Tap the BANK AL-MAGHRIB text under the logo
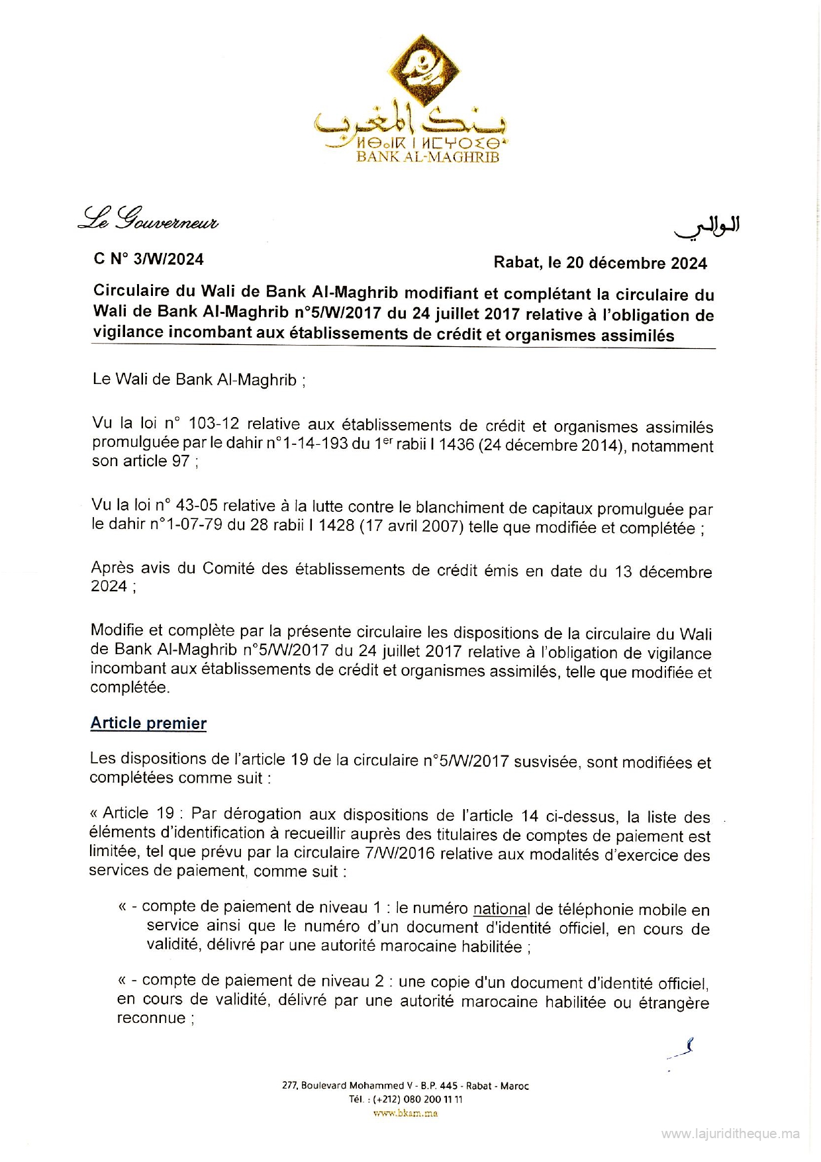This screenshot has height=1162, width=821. click(428, 157)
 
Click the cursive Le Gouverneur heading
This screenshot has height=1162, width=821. click(148, 218)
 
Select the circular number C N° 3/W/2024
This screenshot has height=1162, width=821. click(149, 259)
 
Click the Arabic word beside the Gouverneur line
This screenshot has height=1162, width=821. click(707, 227)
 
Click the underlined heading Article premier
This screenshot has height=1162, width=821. click(148, 723)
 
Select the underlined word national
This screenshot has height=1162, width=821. click(502, 909)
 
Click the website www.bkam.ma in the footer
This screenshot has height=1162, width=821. click(405, 1113)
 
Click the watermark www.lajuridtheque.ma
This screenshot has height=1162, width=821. click(730, 1134)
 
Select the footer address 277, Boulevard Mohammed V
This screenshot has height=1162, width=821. click(352, 1086)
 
